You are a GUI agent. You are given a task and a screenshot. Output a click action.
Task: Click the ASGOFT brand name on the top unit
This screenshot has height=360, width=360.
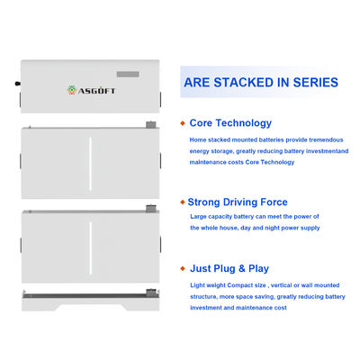(x=96, y=91)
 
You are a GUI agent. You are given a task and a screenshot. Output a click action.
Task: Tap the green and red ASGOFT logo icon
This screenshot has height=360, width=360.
(x=71, y=90)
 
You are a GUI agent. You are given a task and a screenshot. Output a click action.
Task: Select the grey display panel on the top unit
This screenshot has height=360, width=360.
(x=128, y=74)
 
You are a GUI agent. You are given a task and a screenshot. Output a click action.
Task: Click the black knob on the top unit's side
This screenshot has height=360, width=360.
(x=18, y=84)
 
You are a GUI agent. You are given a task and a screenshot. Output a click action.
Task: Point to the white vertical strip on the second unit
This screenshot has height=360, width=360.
(x=90, y=164)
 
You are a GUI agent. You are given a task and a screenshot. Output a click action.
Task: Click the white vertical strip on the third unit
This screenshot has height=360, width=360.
(x=90, y=247)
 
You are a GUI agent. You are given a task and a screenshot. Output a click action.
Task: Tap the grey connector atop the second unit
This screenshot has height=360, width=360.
(x=151, y=125)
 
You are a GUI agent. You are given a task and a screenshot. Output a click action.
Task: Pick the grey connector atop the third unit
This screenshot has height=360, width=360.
(x=151, y=209)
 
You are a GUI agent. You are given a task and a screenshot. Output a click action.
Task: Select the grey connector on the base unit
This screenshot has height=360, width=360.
(x=151, y=292)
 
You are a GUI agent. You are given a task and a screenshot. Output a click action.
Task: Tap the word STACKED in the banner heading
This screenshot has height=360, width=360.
(x=243, y=83)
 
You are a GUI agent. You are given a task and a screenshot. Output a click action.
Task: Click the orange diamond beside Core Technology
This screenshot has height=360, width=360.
(x=183, y=123)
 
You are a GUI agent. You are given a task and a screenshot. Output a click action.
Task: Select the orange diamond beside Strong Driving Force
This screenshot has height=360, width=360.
(x=183, y=202)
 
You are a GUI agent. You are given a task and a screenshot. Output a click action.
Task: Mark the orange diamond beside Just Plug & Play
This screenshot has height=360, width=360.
(x=183, y=268)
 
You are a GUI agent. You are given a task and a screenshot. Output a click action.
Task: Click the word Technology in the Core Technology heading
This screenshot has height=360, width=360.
(x=244, y=123)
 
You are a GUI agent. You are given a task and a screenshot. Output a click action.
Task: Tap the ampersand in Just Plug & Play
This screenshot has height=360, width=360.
(x=242, y=268)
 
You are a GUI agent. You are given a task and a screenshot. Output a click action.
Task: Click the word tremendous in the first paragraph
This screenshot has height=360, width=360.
(x=326, y=139)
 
